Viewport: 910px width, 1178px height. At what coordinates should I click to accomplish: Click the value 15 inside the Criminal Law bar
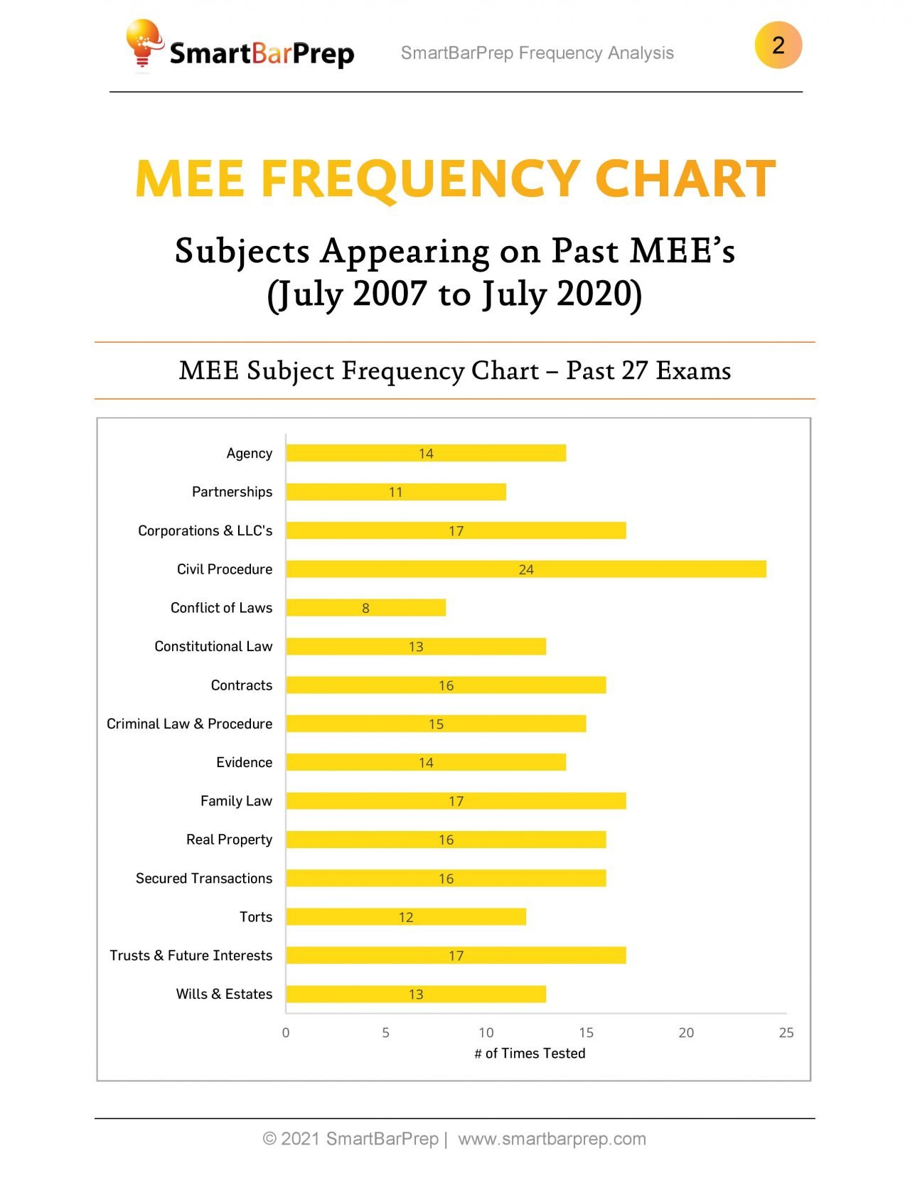(436, 724)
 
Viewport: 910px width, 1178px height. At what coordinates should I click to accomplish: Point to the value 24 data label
(526, 569)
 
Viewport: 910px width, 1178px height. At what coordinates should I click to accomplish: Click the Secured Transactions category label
(204, 878)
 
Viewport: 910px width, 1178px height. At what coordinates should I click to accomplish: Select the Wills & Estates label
(224, 994)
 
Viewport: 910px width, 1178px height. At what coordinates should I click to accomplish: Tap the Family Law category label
(236, 801)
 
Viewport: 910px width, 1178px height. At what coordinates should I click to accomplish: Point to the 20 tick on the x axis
(686, 1032)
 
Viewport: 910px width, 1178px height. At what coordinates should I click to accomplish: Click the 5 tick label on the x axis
(386, 1032)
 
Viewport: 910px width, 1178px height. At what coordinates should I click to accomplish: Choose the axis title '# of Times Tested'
(530, 1053)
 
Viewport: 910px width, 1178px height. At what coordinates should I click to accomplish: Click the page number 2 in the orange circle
(778, 45)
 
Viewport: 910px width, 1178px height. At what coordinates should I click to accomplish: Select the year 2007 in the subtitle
(390, 294)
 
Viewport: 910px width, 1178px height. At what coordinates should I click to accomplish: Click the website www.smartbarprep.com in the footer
(552, 1139)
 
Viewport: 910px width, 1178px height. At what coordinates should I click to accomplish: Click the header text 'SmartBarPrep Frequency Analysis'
(537, 53)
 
